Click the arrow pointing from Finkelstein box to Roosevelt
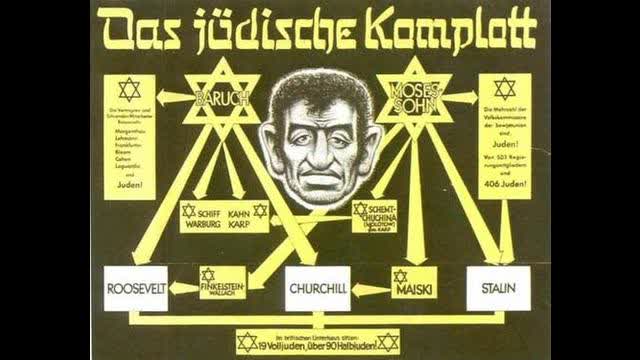pyautogui.click(x=183, y=289)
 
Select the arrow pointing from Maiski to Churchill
pyautogui.click(x=371, y=289)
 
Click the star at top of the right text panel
pyautogui.click(x=503, y=88)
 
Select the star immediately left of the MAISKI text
pyautogui.click(x=401, y=275)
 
